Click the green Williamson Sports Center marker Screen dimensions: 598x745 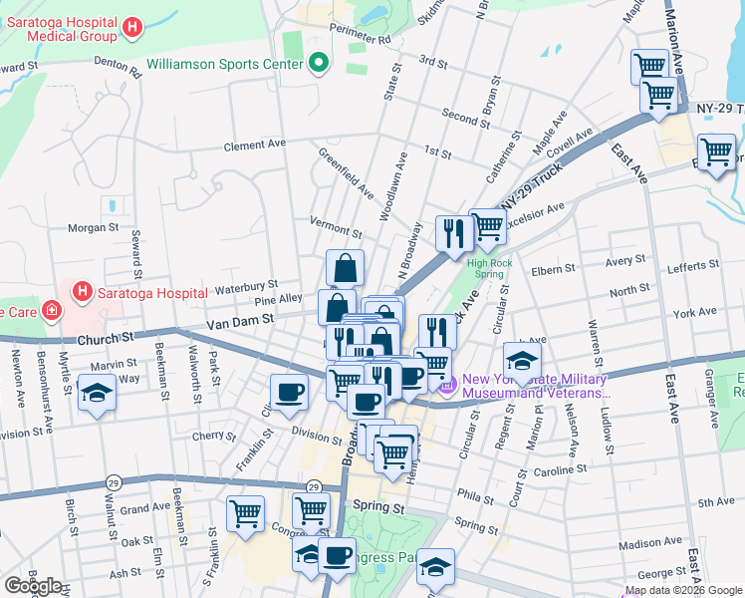coord(319,64)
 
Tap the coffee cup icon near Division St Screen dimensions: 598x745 coord(289,392)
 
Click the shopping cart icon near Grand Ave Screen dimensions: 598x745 coord(245,514)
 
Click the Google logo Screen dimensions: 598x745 coord(33,586)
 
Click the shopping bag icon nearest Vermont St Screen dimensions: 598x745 coord(345,268)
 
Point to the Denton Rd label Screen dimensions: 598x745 coord(118,69)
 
